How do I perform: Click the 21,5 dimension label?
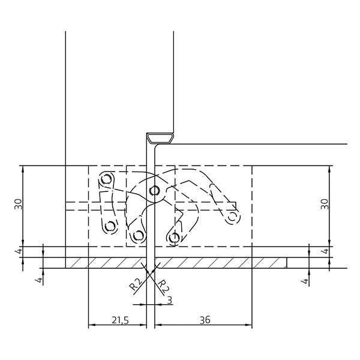click(x=121, y=320)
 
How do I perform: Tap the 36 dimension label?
click(x=205, y=320)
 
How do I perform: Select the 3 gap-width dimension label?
click(x=170, y=301)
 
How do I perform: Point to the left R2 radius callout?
click(x=136, y=284)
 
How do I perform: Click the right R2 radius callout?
click(x=164, y=286)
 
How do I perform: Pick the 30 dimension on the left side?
click(x=19, y=204)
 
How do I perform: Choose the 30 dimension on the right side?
click(x=325, y=204)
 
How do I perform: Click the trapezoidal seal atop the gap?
click(x=160, y=138)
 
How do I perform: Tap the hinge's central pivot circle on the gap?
click(x=155, y=190)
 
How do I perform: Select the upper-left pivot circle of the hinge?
click(x=107, y=179)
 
